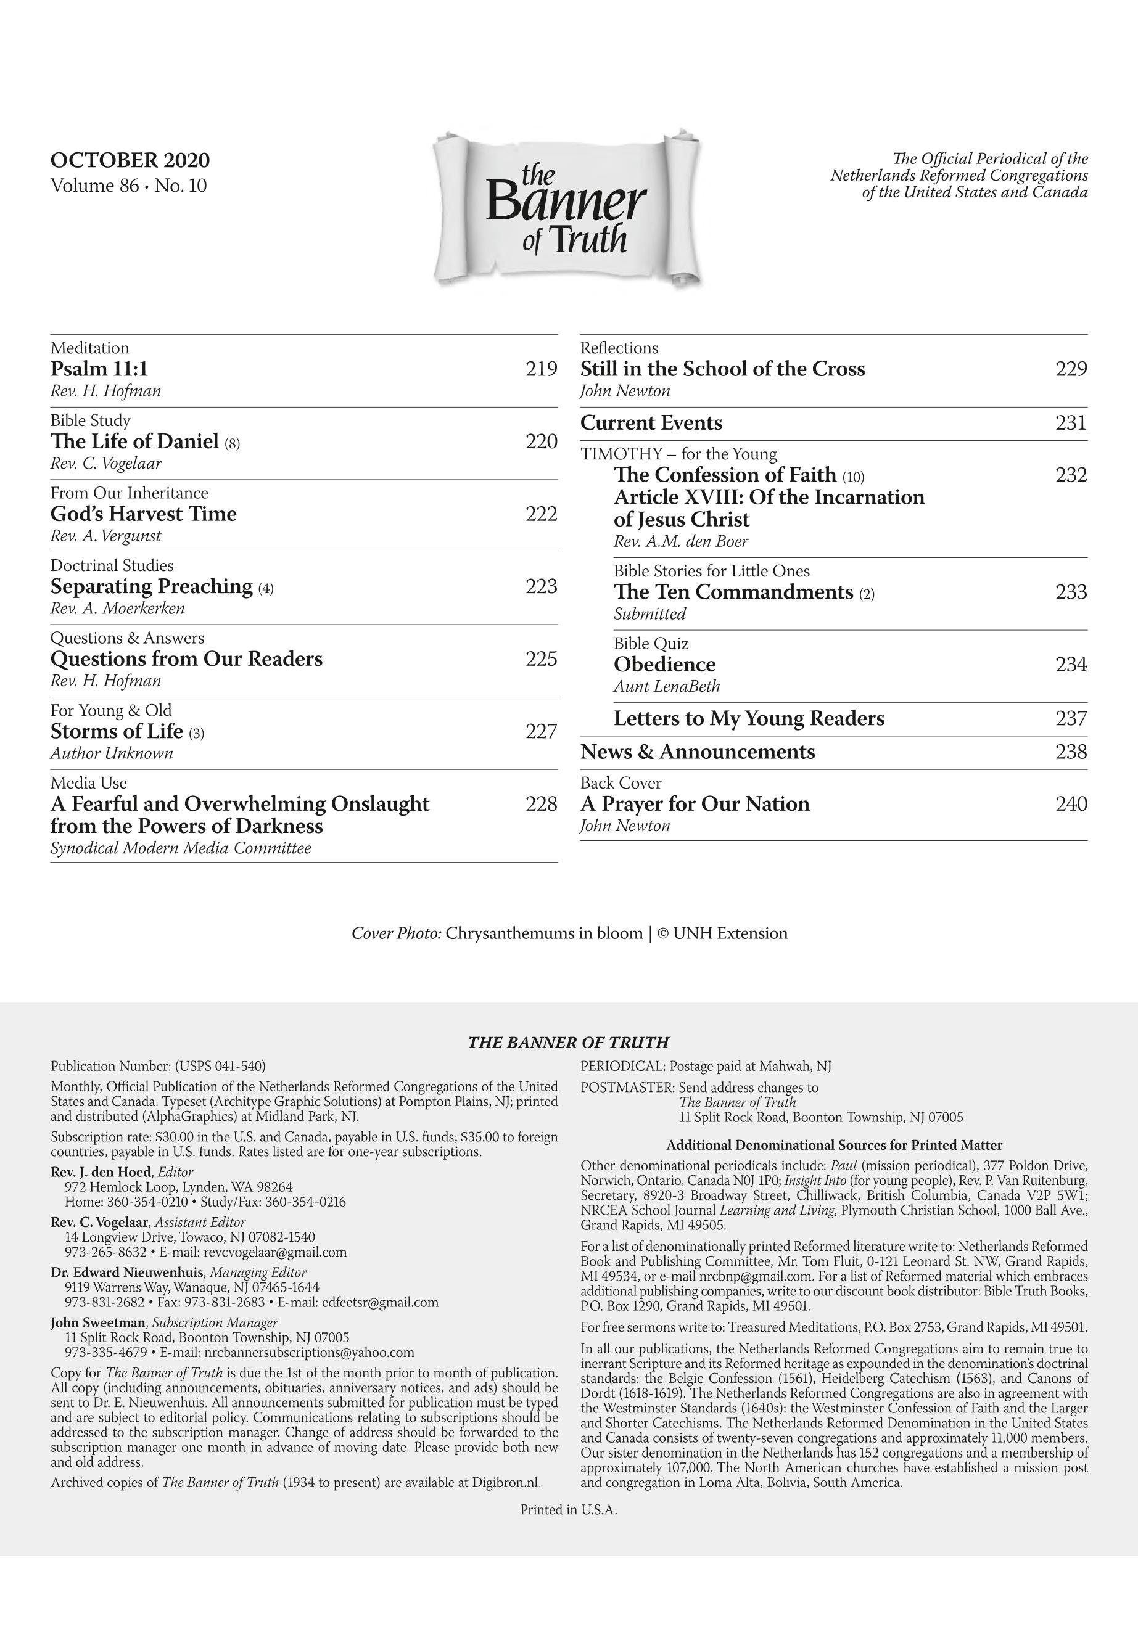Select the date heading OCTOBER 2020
pos(130,160)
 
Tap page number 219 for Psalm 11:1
pos(541,369)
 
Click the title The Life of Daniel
pos(134,442)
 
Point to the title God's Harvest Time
pos(143,514)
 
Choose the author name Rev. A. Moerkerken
pos(118,609)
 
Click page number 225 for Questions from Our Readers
pos(541,659)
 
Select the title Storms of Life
pos(117,732)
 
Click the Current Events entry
pos(651,424)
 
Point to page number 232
pos(1071,475)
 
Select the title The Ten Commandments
pos(733,592)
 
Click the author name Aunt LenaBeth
pos(667,686)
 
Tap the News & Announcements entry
pos(698,752)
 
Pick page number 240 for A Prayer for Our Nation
pos(1071,804)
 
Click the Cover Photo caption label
pos(397,933)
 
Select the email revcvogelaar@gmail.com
pos(274,1252)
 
